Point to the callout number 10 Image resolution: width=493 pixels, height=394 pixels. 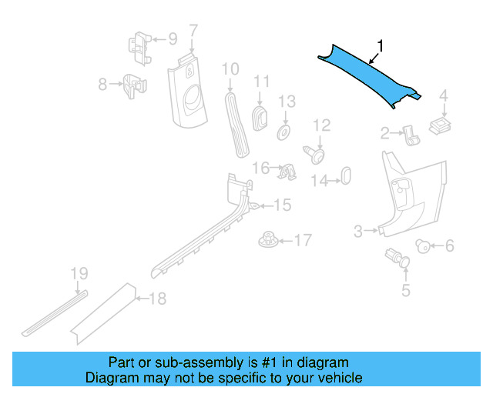(x=230, y=69)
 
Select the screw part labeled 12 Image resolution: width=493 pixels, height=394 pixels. (x=316, y=154)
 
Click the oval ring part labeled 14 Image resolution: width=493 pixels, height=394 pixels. (x=345, y=175)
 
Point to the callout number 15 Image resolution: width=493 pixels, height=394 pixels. (x=283, y=205)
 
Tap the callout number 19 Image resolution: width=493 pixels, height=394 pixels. (x=79, y=273)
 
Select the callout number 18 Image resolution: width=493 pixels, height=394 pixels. (x=157, y=299)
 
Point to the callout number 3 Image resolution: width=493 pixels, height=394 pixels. (x=358, y=230)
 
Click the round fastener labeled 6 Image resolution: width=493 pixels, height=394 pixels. (x=422, y=245)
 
